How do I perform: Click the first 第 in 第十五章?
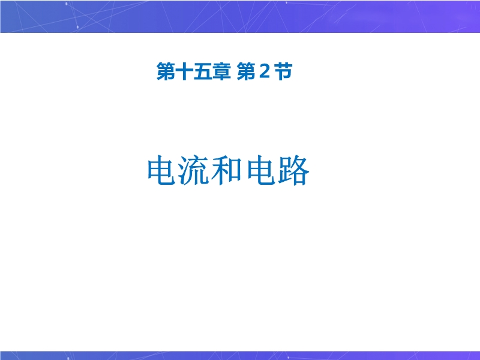tap(166, 71)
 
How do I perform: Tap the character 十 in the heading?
tap(184, 71)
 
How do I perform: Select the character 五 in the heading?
tap(203, 71)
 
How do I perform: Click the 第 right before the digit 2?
tap(246, 71)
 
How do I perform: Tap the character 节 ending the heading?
tap(283, 71)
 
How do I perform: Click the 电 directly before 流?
tap(162, 170)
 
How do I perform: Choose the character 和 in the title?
tap(227, 170)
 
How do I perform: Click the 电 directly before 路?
tap(261, 170)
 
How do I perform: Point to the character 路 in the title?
tap(294, 170)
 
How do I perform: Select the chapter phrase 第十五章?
tap(193, 71)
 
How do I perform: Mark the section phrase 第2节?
tap(265, 71)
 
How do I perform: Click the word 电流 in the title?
tap(178, 170)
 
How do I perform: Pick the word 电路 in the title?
tap(278, 170)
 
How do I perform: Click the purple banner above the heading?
tap(240, 16)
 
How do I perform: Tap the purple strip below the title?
tap(240, 355)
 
